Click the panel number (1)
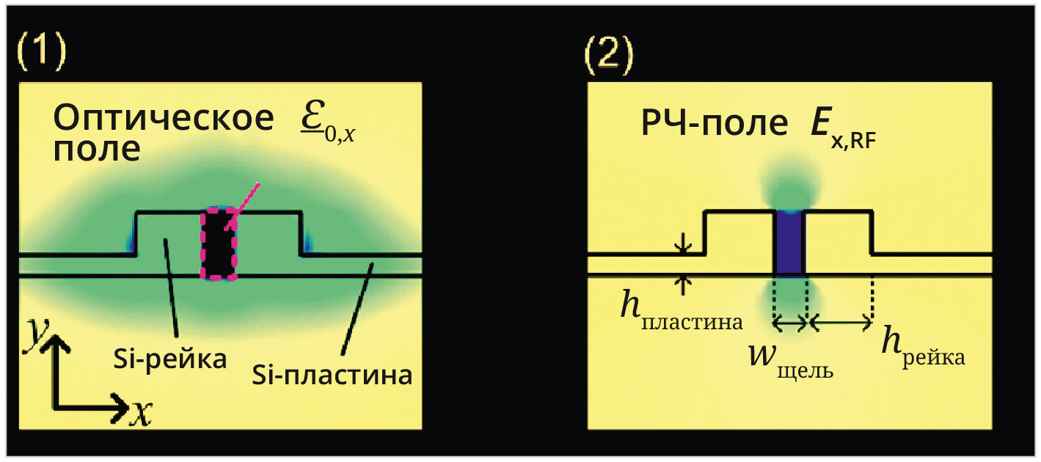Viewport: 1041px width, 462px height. [42, 54]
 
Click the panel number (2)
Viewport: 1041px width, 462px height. [608, 54]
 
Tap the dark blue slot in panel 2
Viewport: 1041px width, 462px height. [790, 243]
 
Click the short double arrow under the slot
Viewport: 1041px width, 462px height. [790, 322]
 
